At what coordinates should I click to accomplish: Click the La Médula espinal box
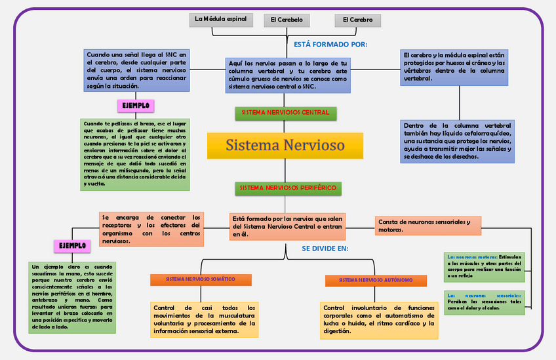(x=220, y=19)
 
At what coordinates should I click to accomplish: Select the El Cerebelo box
(x=287, y=20)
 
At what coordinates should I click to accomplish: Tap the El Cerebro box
(x=357, y=20)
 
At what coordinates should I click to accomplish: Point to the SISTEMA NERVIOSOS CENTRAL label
(x=285, y=113)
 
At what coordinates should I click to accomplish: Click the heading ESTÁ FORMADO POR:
(x=330, y=45)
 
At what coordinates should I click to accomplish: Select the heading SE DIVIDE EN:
(x=325, y=249)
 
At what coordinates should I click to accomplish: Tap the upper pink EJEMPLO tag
(x=136, y=105)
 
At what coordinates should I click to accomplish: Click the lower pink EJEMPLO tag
(x=72, y=246)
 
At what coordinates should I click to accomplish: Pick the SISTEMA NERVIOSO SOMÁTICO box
(x=201, y=279)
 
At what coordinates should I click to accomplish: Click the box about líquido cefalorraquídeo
(x=458, y=140)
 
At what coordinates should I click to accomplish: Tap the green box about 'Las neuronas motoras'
(x=484, y=266)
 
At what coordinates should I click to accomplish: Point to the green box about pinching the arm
(x=134, y=154)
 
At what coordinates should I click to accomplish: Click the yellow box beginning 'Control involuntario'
(x=379, y=319)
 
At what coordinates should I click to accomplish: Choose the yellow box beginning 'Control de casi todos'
(x=204, y=319)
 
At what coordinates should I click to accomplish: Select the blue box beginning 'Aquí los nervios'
(x=288, y=74)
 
